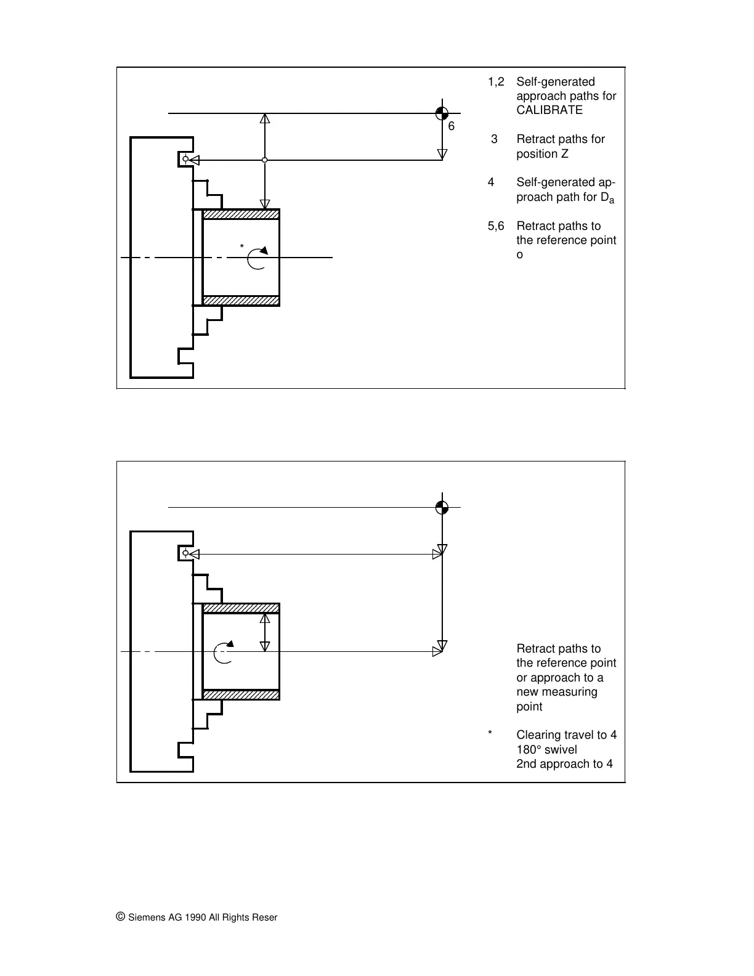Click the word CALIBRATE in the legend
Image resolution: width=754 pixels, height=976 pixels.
point(549,110)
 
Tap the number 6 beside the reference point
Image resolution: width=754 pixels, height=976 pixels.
point(452,126)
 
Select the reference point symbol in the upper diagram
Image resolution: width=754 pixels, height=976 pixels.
point(442,113)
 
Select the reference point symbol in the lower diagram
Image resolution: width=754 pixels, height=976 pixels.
point(442,508)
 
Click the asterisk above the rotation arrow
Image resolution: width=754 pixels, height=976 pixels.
point(241,247)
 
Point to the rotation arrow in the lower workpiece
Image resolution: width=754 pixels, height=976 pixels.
point(224,653)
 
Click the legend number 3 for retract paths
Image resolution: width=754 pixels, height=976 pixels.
point(494,139)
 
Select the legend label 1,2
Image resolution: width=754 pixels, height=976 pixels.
point(496,82)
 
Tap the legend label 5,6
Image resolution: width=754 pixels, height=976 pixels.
point(496,226)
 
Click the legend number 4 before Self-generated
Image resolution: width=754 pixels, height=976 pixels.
point(491,182)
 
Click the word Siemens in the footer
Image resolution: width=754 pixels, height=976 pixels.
point(147,917)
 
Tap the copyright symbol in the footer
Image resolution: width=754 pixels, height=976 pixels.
point(121,917)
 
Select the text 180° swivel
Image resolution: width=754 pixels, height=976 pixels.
point(546,750)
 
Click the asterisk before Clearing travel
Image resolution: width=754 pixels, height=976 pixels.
point(490,733)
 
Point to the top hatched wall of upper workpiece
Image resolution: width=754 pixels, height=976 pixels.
point(241,214)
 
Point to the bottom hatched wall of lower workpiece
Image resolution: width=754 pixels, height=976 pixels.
point(241,694)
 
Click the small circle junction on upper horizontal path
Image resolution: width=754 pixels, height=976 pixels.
point(264,160)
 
